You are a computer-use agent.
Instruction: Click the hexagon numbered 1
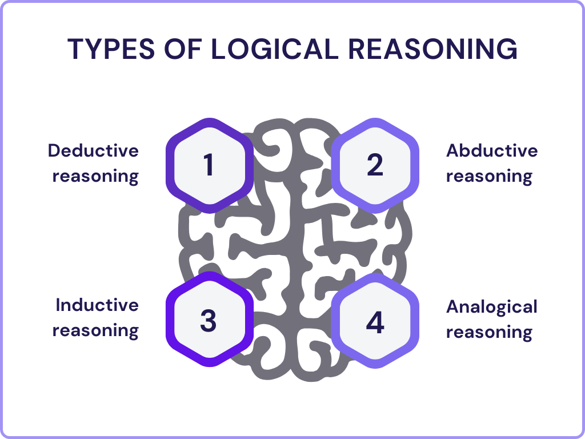(x=209, y=165)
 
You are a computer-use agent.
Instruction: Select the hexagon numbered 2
(x=375, y=165)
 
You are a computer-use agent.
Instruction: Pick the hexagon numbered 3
(x=209, y=320)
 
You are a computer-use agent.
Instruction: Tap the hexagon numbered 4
(x=375, y=322)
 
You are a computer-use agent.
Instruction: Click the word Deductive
(x=93, y=151)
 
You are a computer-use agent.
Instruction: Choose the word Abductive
(x=492, y=151)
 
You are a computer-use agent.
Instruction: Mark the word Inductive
(x=97, y=305)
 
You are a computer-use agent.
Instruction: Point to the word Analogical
(x=492, y=307)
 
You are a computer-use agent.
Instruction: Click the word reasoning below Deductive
(x=95, y=176)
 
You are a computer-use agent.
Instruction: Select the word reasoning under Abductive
(x=489, y=176)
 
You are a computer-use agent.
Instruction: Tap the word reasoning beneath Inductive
(x=95, y=330)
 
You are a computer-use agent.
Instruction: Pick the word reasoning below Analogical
(x=489, y=332)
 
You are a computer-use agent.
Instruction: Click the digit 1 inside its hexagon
(x=209, y=165)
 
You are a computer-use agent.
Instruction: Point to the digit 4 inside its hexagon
(x=375, y=322)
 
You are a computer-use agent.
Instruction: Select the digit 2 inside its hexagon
(x=375, y=165)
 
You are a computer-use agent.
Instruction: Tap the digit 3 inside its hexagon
(x=209, y=321)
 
